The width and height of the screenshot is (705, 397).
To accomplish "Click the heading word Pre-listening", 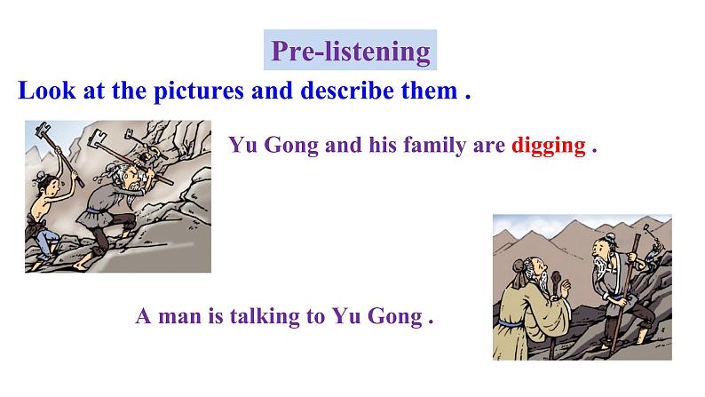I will click(351, 52).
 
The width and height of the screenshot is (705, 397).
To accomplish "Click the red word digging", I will click(548, 146).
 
